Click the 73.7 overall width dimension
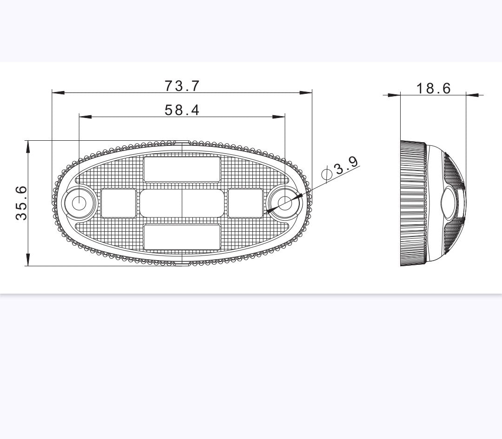tap(182, 86)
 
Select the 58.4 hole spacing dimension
tap(182, 110)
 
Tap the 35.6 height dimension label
tap(21, 203)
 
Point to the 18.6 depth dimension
tap(433, 88)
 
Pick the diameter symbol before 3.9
tap(327, 174)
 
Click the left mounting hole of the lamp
tap(79, 203)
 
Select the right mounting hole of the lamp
tap(284, 203)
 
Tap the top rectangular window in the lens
tap(182, 169)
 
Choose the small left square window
tap(119, 203)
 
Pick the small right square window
tap(245, 203)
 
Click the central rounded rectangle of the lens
tap(182, 203)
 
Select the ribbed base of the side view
tap(413, 203)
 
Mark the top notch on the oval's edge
tap(182, 141)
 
